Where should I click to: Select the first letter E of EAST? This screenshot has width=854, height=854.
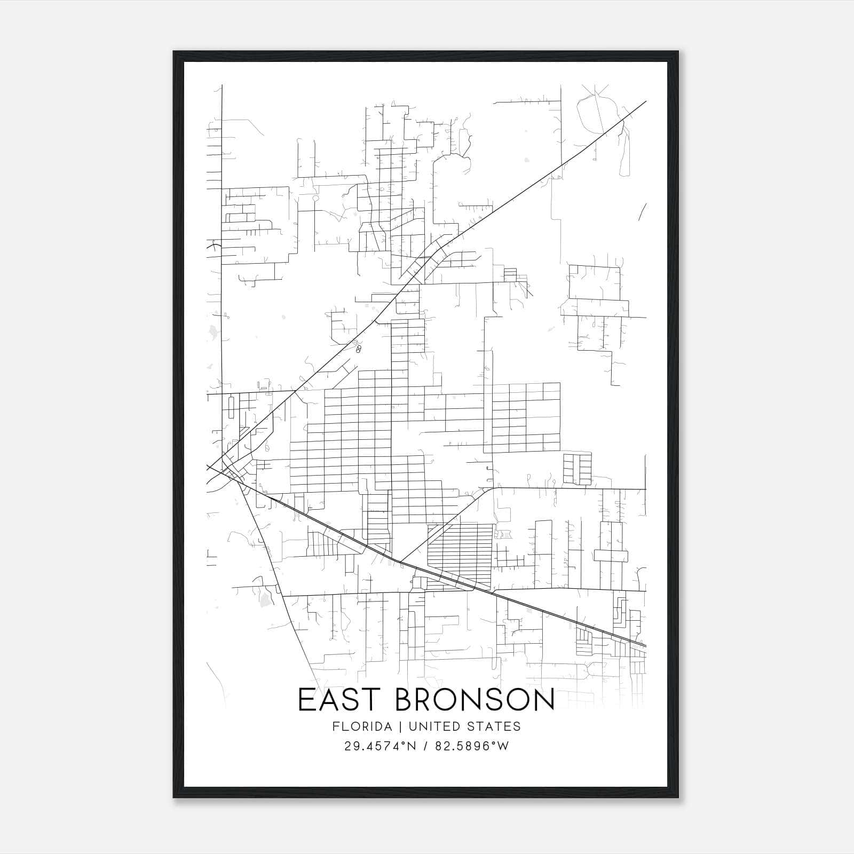tap(306, 700)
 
